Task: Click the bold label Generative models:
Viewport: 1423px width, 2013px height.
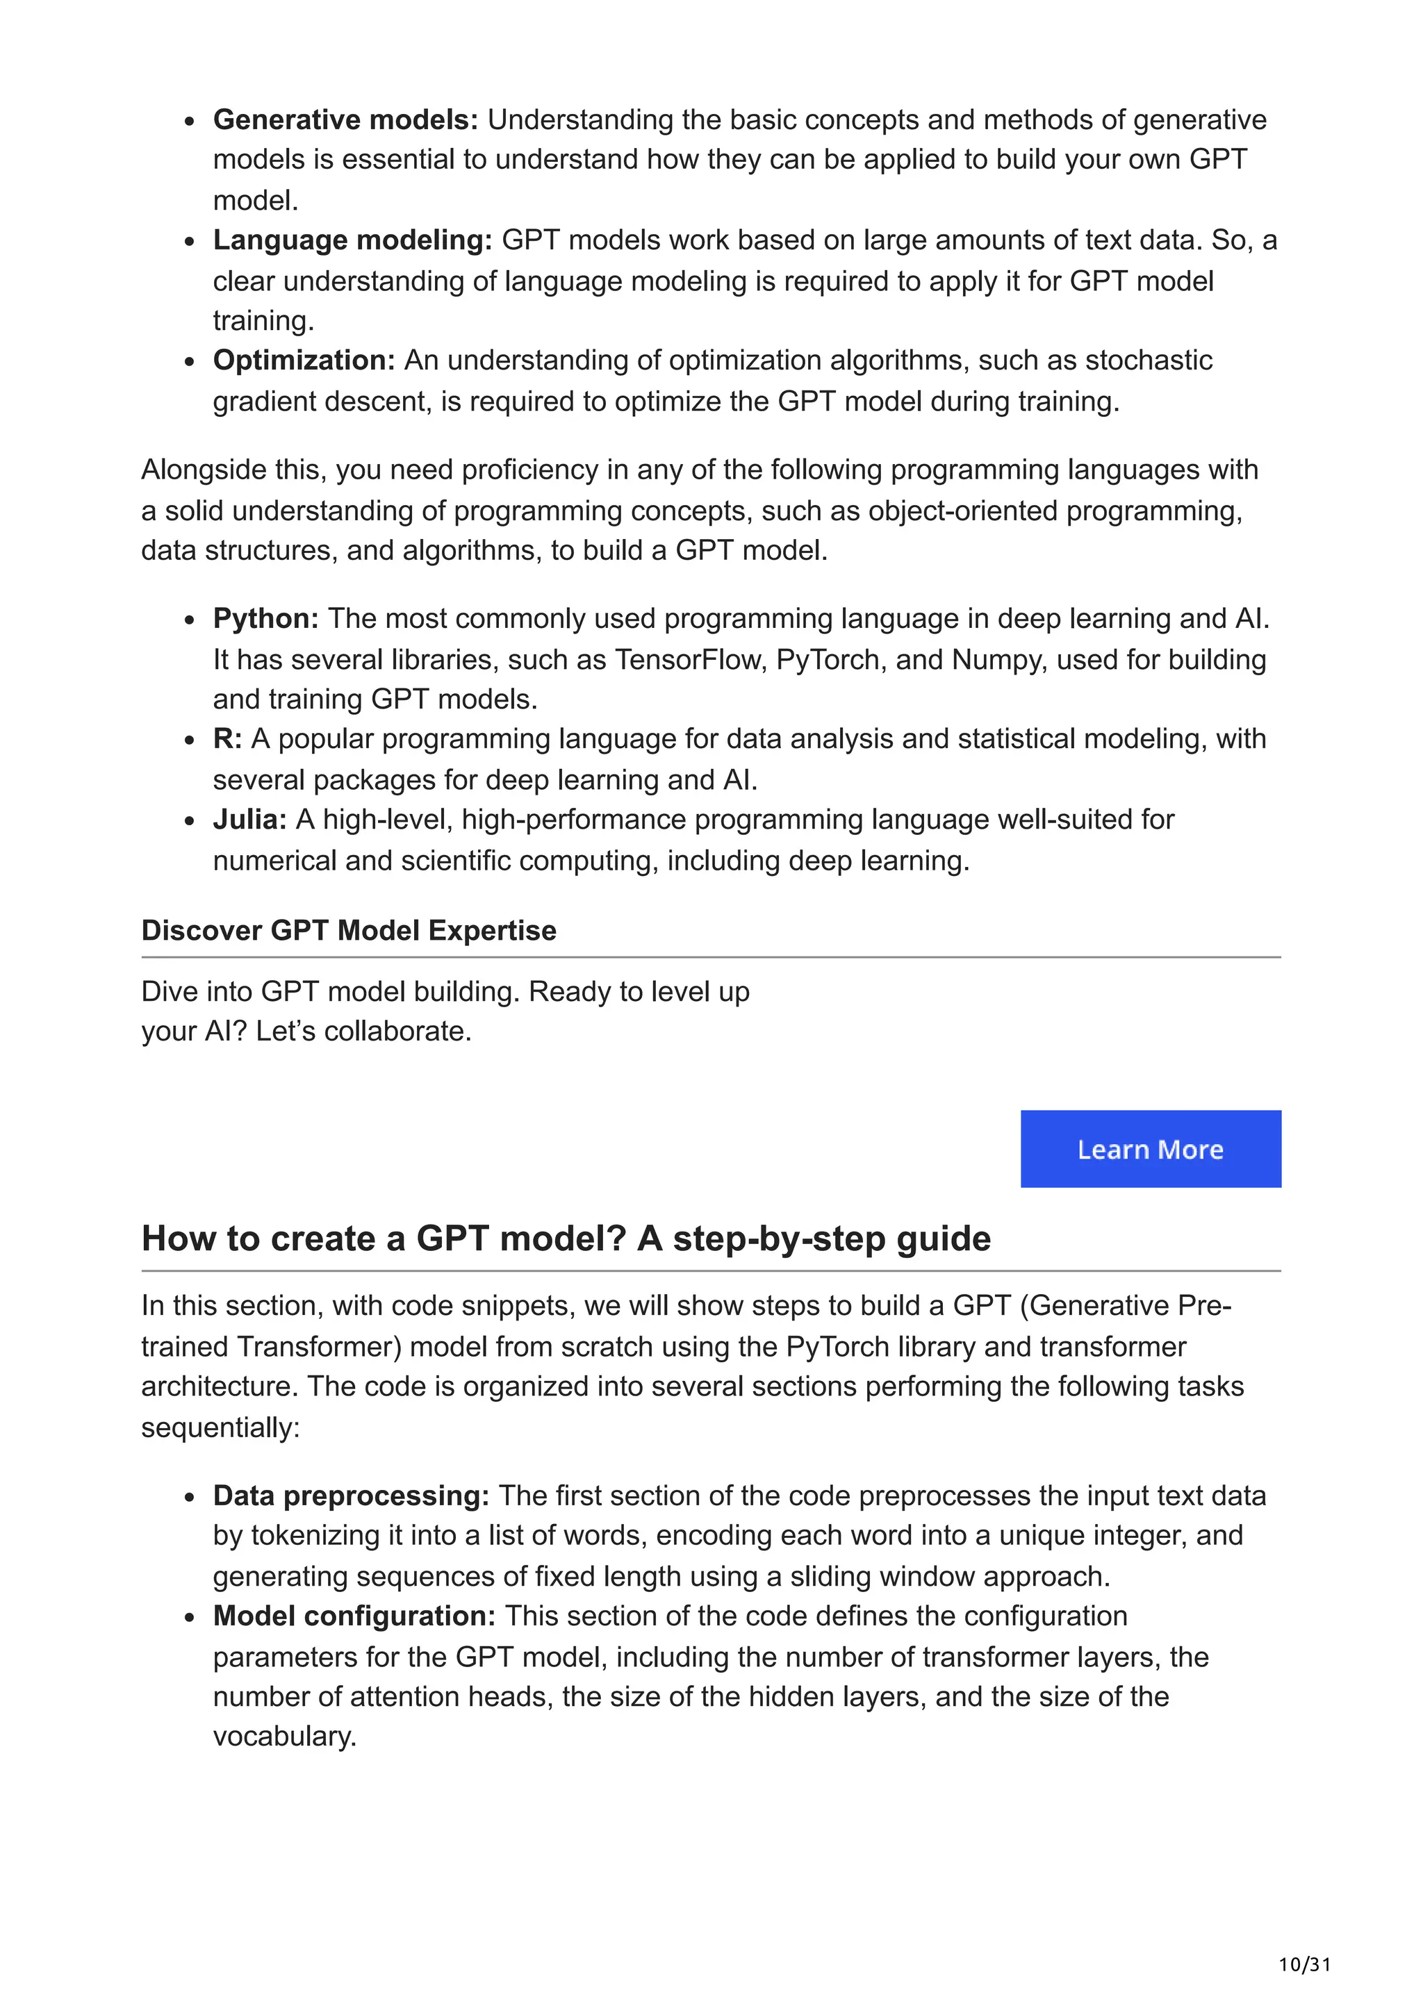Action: pyautogui.click(x=345, y=119)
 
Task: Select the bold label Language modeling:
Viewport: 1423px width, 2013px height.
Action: pyautogui.click(x=352, y=240)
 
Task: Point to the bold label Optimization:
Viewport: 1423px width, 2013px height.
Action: pyautogui.click(x=304, y=360)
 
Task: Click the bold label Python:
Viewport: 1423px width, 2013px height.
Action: pyautogui.click(x=265, y=618)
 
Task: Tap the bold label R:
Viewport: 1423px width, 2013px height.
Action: pyautogui.click(x=227, y=738)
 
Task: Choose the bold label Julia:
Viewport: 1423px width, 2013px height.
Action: pyautogui.click(x=250, y=819)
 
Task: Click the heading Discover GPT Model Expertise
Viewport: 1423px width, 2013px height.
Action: pyautogui.click(x=349, y=929)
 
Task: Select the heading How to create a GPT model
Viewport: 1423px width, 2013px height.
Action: pyautogui.click(x=566, y=1238)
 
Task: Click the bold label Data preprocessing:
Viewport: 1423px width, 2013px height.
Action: pyautogui.click(x=351, y=1495)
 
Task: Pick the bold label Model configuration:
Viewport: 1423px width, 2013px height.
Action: pyautogui.click(x=354, y=1615)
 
